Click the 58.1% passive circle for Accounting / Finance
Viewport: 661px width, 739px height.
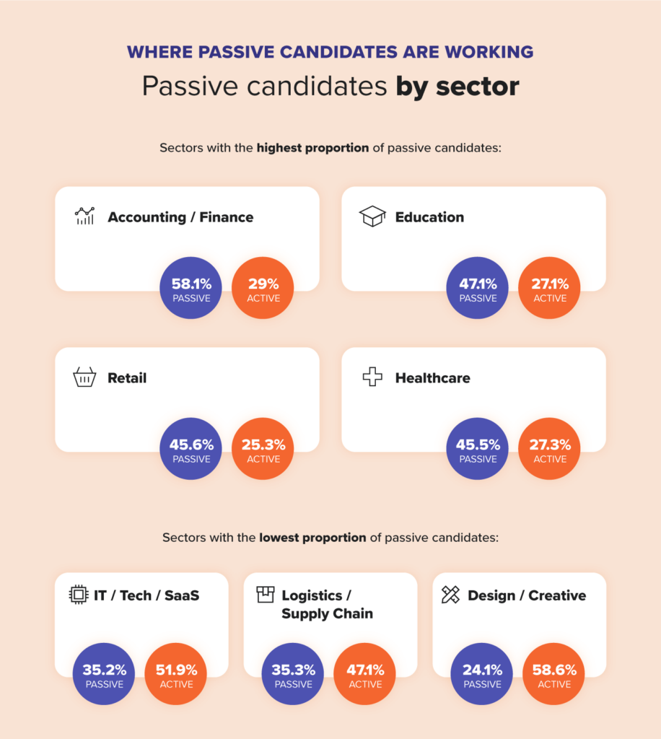(191, 288)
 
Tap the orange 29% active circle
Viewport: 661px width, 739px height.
(263, 288)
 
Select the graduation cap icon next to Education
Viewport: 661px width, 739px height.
(372, 217)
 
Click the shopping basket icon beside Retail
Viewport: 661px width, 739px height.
(85, 377)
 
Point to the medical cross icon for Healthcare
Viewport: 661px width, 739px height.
(372, 377)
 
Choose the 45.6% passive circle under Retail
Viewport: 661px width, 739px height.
(191, 449)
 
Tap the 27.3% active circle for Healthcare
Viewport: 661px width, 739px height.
(550, 449)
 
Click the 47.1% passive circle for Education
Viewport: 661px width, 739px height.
(478, 288)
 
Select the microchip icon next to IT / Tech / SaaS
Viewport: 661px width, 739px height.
(79, 595)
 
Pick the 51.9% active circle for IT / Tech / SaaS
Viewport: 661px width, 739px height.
(176, 674)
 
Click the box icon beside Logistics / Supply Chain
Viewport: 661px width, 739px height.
(266, 595)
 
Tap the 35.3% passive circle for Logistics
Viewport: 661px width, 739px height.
(292, 674)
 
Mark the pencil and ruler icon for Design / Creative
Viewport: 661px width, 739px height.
(451, 595)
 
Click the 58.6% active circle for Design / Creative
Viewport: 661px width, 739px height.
(553, 674)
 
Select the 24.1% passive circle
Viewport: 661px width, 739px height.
(481, 674)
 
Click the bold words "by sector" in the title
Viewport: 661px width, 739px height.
(458, 87)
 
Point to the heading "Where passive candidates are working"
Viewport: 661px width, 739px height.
(330, 52)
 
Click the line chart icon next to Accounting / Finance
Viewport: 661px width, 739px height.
(85, 216)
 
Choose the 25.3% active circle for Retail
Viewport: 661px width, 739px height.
(263, 449)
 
